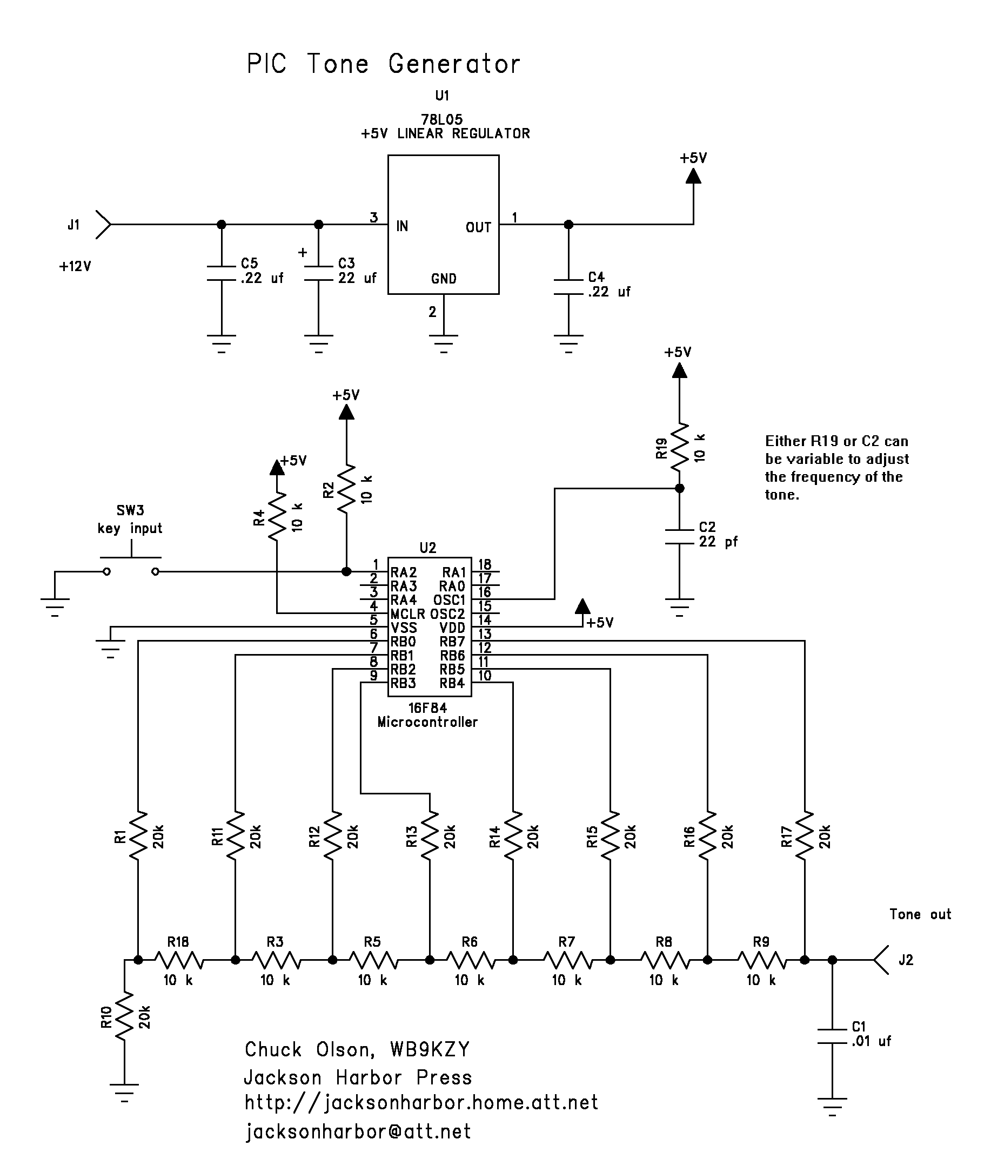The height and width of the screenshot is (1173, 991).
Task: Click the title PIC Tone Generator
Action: [x=384, y=64]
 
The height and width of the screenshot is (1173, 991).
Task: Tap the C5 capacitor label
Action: [x=250, y=264]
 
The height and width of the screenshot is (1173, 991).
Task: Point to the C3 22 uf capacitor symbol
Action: [x=319, y=273]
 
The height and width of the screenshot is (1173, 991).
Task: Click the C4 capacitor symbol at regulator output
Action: [x=568, y=287]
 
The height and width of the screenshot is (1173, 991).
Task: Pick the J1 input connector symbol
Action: [x=103, y=225]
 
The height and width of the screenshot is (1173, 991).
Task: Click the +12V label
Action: [x=75, y=266]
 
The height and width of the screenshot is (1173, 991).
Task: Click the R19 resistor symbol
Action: [x=680, y=448]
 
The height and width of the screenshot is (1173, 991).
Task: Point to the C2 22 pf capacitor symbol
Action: [x=680, y=537]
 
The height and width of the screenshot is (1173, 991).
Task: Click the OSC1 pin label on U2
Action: [x=450, y=599]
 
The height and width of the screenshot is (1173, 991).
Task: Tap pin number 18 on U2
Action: [x=484, y=564]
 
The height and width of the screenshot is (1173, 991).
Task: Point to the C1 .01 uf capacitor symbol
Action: [x=833, y=1036]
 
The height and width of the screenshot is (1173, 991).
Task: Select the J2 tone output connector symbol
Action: [x=881, y=960]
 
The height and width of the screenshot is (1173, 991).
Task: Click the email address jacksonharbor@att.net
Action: [x=358, y=1131]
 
